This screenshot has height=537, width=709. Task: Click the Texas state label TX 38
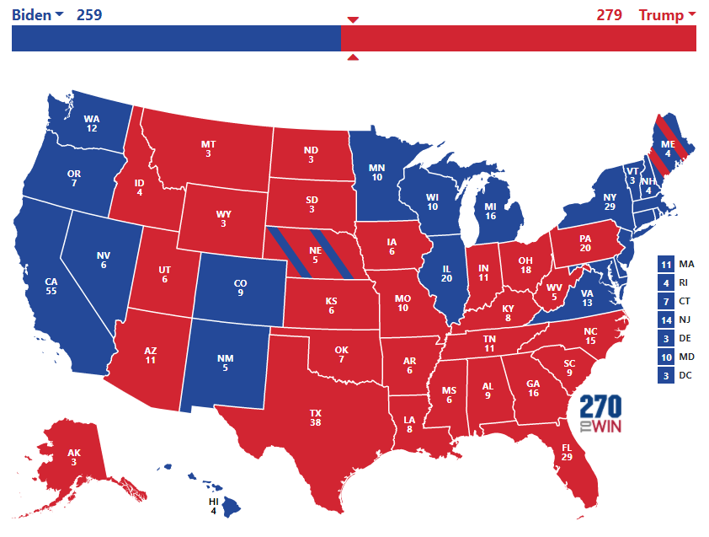(316, 418)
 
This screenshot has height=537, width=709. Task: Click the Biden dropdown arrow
(59, 15)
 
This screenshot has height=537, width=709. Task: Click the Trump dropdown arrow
(692, 14)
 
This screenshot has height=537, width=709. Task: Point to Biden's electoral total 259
(89, 14)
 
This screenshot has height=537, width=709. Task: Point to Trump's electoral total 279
(609, 14)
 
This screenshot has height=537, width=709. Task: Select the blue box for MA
(666, 264)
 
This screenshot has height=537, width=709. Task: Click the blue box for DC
(666, 375)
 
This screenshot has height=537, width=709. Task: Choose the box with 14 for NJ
(666, 320)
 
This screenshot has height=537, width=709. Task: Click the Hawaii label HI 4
(214, 507)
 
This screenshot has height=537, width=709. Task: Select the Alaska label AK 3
(75, 458)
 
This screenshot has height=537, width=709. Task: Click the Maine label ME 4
(667, 148)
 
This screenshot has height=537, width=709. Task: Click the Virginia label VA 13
(587, 298)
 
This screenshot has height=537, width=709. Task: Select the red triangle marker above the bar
(353, 19)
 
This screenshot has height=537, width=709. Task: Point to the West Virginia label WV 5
(554, 291)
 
